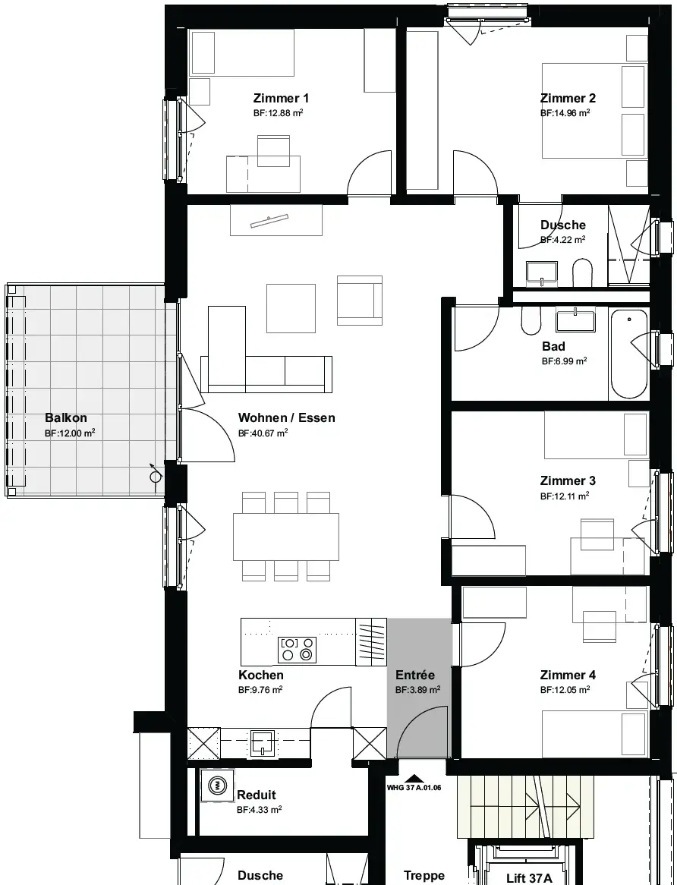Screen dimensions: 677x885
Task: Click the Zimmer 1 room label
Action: (281, 98)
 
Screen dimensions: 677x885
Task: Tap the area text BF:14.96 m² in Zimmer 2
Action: (565, 113)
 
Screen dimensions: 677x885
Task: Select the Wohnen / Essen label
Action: (287, 417)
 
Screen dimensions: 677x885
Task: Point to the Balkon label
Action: (66, 418)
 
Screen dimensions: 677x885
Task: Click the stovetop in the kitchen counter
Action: (298, 649)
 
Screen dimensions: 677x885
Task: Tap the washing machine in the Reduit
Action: (217, 786)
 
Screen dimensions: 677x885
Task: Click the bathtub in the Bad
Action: (628, 354)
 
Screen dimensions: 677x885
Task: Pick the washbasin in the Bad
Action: (575, 320)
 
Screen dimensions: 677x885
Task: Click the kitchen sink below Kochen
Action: (263, 743)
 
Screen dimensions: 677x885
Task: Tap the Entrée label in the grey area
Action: (415, 675)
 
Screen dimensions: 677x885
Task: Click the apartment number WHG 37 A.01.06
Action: (414, 788)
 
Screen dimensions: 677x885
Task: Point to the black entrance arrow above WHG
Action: (414, 778)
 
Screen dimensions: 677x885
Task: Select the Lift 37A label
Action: (529, 878)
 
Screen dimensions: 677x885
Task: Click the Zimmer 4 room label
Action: (568, 675)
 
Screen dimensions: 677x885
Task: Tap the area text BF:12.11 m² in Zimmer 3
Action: (565, 496)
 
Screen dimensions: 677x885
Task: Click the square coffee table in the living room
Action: (291, 308)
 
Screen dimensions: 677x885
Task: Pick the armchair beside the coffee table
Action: (360, 301)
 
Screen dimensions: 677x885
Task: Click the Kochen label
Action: (261, 675)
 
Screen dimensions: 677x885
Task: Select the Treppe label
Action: (424, 876)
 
